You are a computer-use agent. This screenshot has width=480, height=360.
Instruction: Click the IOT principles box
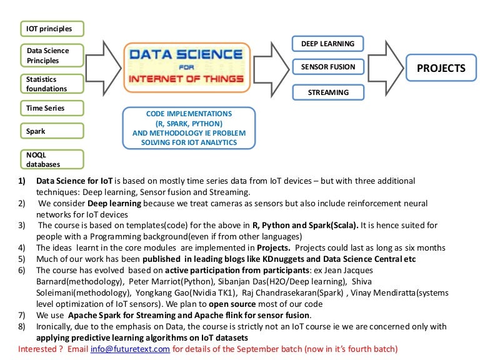(x=52, y=29)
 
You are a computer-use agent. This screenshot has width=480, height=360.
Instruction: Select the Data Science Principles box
(x=52, y=56)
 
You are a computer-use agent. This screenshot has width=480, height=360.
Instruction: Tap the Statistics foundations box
(x=52, y=84)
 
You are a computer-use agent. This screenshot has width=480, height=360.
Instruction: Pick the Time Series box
(x=52, y=109)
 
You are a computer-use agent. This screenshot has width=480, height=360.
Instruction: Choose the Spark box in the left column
(x=52, y=132)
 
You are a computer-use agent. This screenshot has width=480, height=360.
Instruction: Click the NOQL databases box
(x=52, y=159)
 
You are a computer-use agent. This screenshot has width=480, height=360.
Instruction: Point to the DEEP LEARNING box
(x=327, y=44)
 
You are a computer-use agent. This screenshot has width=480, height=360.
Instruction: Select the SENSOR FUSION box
(x=327, y=67)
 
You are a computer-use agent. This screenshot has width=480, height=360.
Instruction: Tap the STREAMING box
(x=327, y=92)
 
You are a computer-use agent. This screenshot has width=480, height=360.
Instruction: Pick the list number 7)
(x=22, y=314)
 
